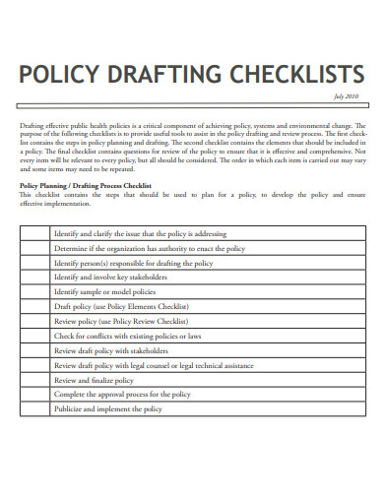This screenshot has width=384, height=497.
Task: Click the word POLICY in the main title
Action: [x=60, y=75]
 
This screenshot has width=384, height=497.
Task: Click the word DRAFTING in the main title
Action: [x=166, y=75]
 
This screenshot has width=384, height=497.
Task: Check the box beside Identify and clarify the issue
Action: [x=33, y=234]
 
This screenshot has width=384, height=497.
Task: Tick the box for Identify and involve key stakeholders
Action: [x=33, y=278]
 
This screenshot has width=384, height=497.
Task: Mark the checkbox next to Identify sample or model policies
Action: [x=33, y=292]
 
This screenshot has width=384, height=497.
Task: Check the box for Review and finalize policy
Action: [x=33, y=379]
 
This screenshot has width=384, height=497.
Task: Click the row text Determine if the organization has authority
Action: [x=150, y=249]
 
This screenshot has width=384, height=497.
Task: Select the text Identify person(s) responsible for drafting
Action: [x=133, y=264]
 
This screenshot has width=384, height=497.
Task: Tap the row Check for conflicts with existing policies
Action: [x=142, y=336]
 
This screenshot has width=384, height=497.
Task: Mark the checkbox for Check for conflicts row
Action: [x=33, y=336]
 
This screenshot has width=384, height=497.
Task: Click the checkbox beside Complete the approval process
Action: [x=33, y=394]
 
